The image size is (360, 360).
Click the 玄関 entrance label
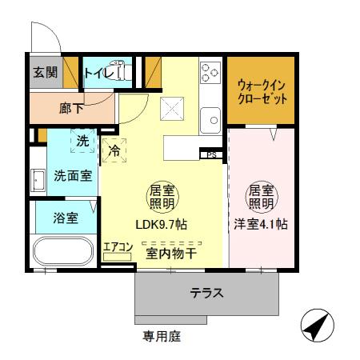(x=45, y=72)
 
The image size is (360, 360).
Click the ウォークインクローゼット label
(x=263, y=93)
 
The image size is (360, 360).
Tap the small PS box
(x=211, y=154)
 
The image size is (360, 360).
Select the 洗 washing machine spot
(x=82, y=141)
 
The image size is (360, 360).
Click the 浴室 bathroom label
(x=66, y=218)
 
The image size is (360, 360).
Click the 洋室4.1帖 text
(x=260, y=226)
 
